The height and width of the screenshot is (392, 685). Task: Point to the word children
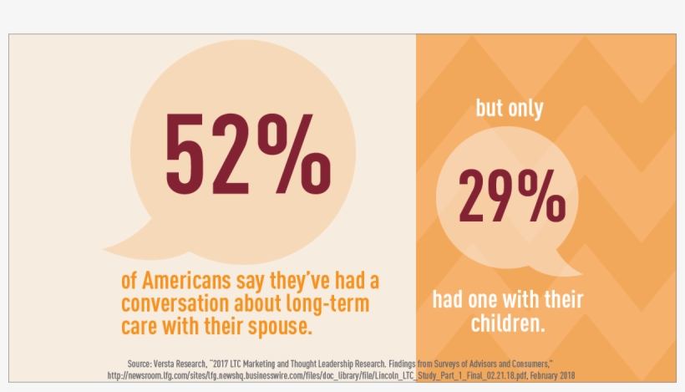tap(508, 323)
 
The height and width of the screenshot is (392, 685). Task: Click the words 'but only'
tap(510, 109)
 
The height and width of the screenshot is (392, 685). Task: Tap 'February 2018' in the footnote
tap(548, 375)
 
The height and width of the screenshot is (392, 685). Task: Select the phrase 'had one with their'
tap(508, 299)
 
